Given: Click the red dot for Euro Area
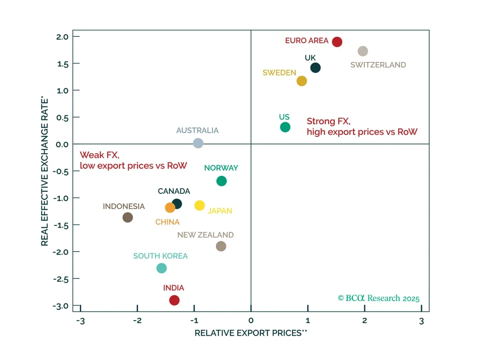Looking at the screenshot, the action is tap(337, 42).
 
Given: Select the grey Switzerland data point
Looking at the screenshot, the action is tap(363, 51).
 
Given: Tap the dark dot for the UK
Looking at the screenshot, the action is tap(315, 67).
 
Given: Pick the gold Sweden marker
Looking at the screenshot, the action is tap(302, 81).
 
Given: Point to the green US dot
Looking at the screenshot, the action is tap(285, 127).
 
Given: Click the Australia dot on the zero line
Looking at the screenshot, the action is tap(198, 143).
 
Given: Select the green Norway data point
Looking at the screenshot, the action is tap(221, 181).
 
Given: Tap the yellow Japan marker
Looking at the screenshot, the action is tap(200, 206).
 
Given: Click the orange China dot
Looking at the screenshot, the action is tap(170, 208).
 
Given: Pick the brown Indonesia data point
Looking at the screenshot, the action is tap(128, 217).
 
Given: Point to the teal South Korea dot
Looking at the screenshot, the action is tap(161, 268).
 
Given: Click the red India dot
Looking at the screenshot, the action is tap(174, 300).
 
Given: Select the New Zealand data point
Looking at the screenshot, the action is tap(221, 246).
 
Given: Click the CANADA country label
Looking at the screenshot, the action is tap(174, 191).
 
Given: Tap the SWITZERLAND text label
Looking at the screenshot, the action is tap(378, 65).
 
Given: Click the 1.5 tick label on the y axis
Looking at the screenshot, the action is tap(63, 64).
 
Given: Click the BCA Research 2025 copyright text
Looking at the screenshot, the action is tap(379, 298).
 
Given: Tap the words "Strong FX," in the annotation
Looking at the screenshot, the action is tap(328, 121).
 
